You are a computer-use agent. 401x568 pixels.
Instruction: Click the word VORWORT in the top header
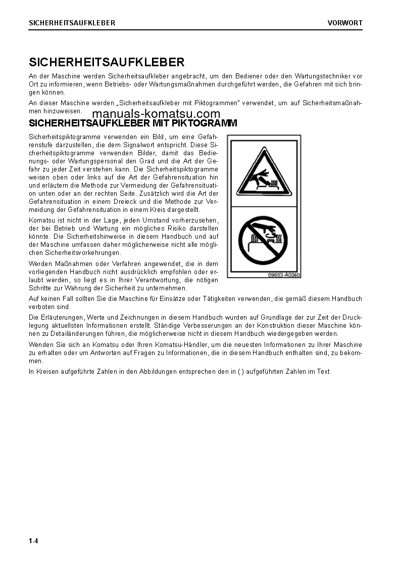point(345,23)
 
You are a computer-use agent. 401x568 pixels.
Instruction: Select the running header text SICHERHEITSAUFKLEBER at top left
point(72,23)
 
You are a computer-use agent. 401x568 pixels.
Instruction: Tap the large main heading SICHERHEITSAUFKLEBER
point(107,62)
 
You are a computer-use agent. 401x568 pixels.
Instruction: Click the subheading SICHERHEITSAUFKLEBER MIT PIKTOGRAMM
point(133,123)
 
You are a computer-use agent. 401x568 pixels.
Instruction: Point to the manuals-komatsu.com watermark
point(156,114)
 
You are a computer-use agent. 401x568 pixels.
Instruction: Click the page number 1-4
point(33,541)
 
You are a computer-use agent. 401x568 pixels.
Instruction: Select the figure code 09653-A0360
point(284,275)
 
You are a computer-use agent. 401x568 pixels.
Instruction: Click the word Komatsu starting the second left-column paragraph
point(42,220)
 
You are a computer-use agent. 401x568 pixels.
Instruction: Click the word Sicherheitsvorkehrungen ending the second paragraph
point(75,252)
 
